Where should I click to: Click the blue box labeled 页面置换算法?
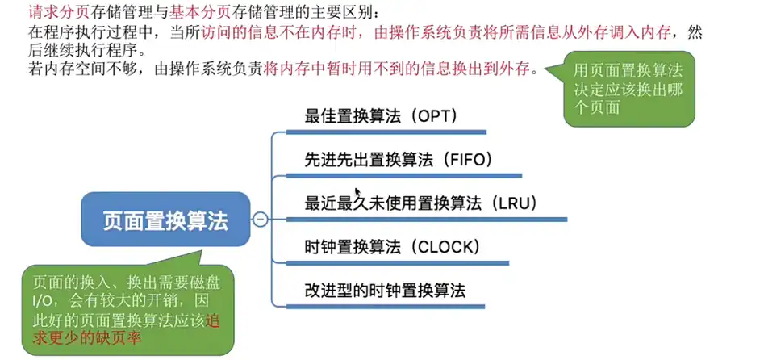click(165, 220)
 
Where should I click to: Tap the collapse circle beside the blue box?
click(260, 220)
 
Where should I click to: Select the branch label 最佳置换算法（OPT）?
click(381, 116)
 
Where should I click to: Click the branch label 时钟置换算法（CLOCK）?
click(392, 246)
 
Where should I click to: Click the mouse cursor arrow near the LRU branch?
click(357, 192)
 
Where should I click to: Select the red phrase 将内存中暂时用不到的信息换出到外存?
click(398, 69)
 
